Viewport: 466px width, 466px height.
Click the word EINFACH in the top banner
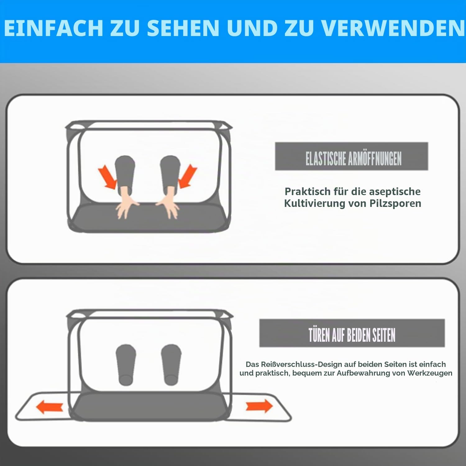[53, 28]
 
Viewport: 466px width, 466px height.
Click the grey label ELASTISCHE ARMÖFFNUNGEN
[351, 156]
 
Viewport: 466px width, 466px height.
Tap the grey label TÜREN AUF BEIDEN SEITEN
[352, 333]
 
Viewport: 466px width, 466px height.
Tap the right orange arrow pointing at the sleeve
[187, 176]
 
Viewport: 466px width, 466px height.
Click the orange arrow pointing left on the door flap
[50, 407]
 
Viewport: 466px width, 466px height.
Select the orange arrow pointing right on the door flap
[259, 406]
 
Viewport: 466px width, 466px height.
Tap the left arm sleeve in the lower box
[126, 365]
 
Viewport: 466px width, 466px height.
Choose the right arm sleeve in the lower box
[171, 365]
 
